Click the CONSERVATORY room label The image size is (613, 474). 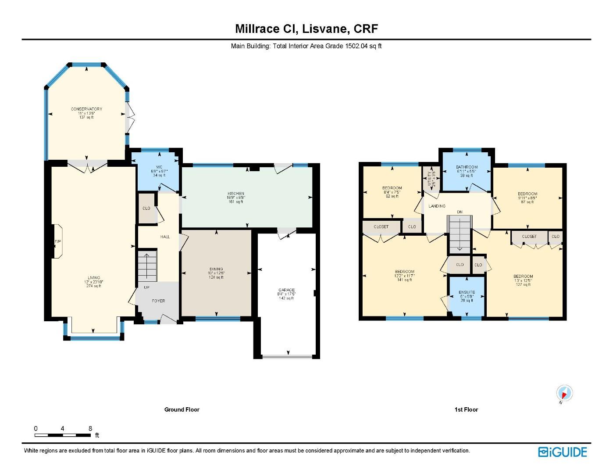[86, 109]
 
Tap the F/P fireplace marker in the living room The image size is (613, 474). [57, 242]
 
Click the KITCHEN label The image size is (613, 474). [235, 194]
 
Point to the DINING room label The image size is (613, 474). [216, 269]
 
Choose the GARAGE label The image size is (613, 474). [286, 290]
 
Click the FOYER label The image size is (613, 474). [158, 301]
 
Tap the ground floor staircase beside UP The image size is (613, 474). [147, 266]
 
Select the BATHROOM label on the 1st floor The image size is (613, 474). [467, 167]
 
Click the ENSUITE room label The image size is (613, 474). [467, 292]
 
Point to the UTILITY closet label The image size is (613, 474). [431, 177]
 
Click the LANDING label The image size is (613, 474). [437, 206]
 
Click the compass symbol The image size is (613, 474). [564, 393]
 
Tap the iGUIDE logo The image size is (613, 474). [563, 452]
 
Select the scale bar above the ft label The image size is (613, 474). [63, 435]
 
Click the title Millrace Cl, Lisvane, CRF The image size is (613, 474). [306, 29]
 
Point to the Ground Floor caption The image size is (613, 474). [182, 409]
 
